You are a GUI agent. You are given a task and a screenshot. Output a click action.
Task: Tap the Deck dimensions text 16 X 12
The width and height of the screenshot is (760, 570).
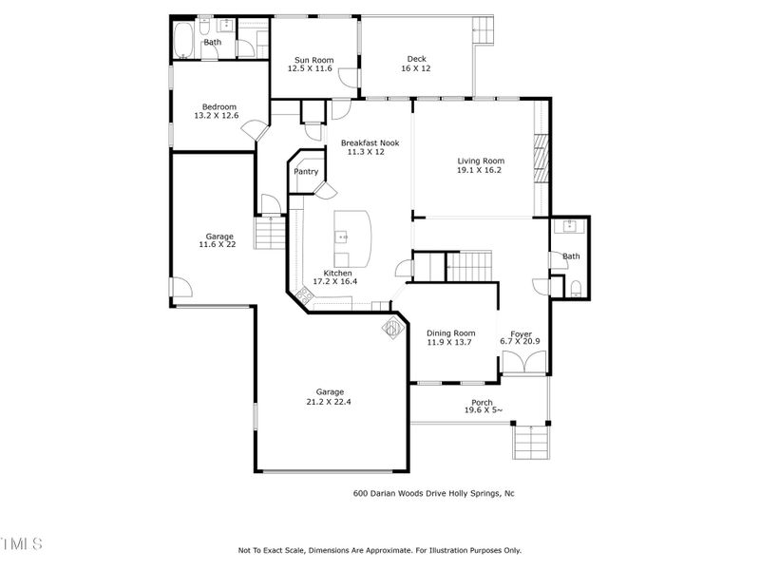coord(416,68)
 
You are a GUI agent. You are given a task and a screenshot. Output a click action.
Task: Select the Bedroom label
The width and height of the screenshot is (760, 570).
coord(218,106)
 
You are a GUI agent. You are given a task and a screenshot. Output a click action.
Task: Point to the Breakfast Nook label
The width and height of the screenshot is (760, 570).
coord(370,142)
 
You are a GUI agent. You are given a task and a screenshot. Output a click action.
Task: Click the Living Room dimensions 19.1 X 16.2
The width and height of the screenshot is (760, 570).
coord(480,171)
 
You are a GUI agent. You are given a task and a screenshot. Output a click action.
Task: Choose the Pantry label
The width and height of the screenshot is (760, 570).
coord(306,172)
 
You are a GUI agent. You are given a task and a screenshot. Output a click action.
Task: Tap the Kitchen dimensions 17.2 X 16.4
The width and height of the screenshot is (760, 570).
coord(335,282)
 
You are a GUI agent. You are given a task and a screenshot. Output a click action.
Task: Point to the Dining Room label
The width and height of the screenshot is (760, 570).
coord(451,332)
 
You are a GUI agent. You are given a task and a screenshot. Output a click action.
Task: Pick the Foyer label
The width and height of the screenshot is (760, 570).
coord(521,333)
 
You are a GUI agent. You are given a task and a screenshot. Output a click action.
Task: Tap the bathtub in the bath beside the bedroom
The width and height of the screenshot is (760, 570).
coord(182,43)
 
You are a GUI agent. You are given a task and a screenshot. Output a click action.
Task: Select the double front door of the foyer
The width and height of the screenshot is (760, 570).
coord(522,363)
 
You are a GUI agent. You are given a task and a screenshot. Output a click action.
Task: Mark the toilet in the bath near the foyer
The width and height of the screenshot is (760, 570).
coord(576,288)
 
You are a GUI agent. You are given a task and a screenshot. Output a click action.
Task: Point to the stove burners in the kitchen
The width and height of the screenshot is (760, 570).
coord(305,296)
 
